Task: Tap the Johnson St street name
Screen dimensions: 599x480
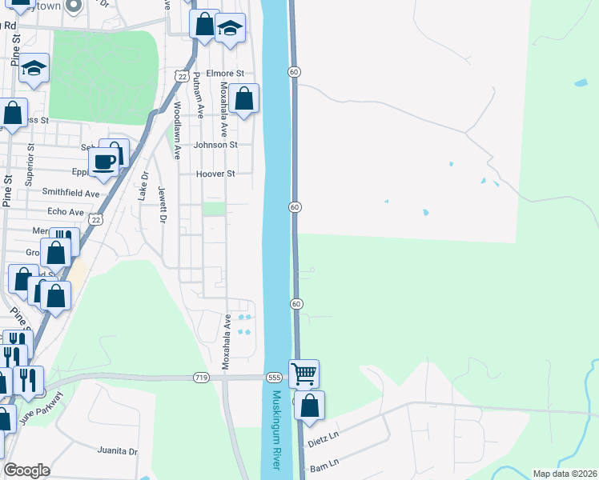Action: click(x=215, y=145)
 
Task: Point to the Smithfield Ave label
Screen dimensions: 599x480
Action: click(x=70, y=193)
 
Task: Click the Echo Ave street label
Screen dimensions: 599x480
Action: click(x=66, y=212)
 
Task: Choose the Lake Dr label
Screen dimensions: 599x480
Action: click(x=144, y=186)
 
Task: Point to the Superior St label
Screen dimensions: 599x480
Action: click(x=29, y=165)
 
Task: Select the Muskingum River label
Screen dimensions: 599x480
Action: click(x=276, y=430)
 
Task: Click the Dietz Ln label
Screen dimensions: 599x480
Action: click(x=324, y=440)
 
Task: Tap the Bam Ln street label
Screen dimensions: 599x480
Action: click(x=324, y=462)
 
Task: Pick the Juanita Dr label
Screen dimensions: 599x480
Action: click(x=117, y=450)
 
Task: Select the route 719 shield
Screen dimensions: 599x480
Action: click(x=201, y=377)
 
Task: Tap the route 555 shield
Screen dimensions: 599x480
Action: click(x=275, y=377)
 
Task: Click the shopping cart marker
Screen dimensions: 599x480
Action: click(x=304, y=373)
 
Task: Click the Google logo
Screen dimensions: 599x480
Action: click(x=26, y=470)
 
